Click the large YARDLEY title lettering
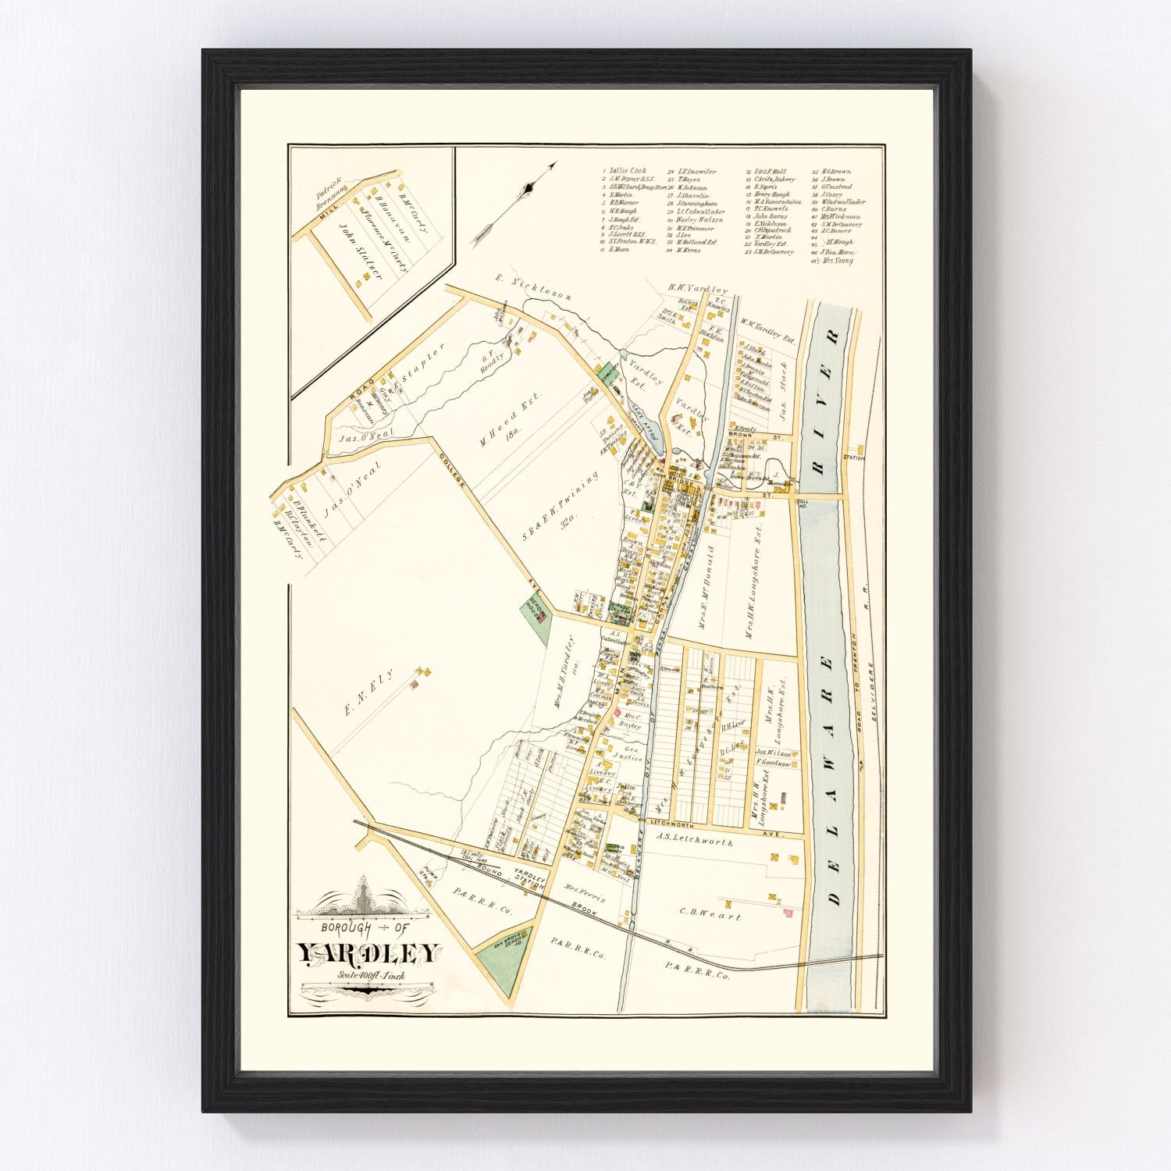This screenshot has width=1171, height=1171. click(x=368, y=954)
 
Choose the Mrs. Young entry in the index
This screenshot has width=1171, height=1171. click(x=836, y=261)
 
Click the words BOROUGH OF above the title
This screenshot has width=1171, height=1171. click(x=366, y=928)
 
